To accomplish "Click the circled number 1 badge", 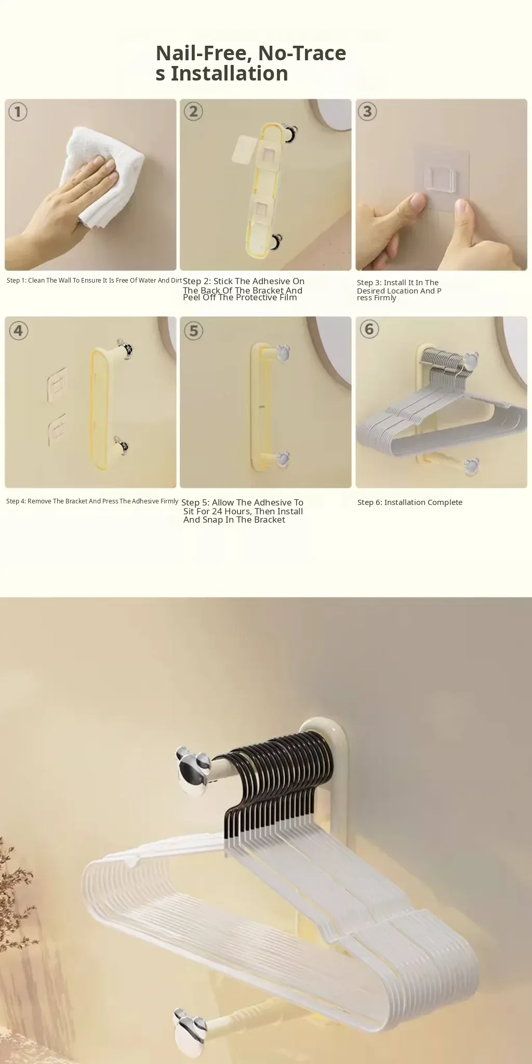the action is click(x=18, y=112).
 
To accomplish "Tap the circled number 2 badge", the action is click(x=193, y=111).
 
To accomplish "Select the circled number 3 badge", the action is click(x=367, y=111).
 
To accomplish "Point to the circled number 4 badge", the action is click(x=19, y=330).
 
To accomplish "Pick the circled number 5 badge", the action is click(x=194, y=330).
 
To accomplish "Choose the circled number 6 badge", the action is click(x=369, y=329).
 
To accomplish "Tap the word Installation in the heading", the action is click(x=229, y=74).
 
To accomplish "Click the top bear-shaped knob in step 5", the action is click(x=282, y=353).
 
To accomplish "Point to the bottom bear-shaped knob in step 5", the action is click(x=283, y=459).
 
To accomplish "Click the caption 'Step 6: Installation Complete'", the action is click(x=410, y=502).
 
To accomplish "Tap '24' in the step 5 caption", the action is click(x=217, y=511).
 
